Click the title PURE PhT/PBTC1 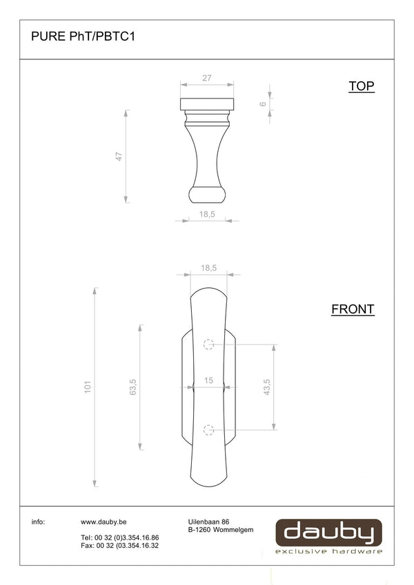click(x=83, y=37)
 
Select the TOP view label click(x=362, y=86)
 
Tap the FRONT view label click(x=353, y=309)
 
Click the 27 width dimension click(x=207, y=78)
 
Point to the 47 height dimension click(x=119, y=156)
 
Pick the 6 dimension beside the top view click(x=263, y=104)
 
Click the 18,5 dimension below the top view click(x=207, y=214)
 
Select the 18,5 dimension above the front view click(x=208, y=268)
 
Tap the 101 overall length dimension click(x=88, y=387)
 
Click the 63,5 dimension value click(x=132, y=387)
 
